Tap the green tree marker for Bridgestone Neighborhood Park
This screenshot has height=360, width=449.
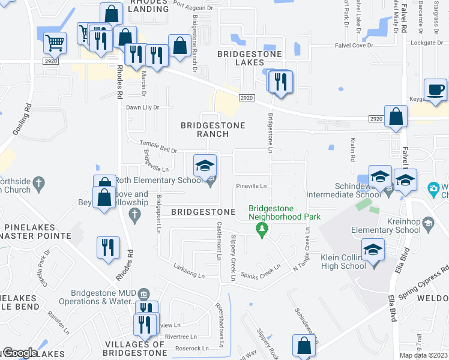tap(261, 230)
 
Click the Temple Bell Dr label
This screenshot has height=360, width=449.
tap(158, 146)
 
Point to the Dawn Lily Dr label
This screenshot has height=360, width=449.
tap(142, 107)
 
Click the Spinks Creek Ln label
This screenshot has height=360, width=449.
tap(261, 271)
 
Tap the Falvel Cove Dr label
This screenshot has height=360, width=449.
tap(354, 46)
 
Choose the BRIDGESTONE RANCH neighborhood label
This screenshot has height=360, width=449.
tap(213, 130)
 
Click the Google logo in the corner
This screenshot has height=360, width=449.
tap(20, 353)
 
